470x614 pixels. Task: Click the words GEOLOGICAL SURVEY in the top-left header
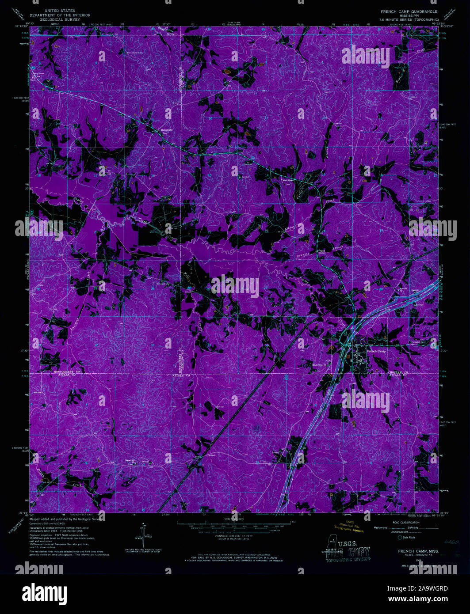tap(60, 19)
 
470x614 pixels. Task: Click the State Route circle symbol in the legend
tap(400, 538)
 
